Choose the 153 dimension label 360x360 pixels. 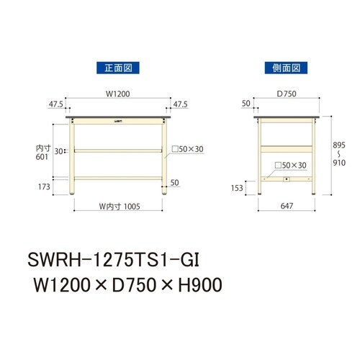click(x=236, y=188)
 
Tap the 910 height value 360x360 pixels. click(x=338, y=163)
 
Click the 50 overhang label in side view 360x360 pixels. click(x=246, y=104)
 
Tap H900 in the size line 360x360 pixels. click(x=195, y=286)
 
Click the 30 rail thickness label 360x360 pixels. click(x=59, y=151)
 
